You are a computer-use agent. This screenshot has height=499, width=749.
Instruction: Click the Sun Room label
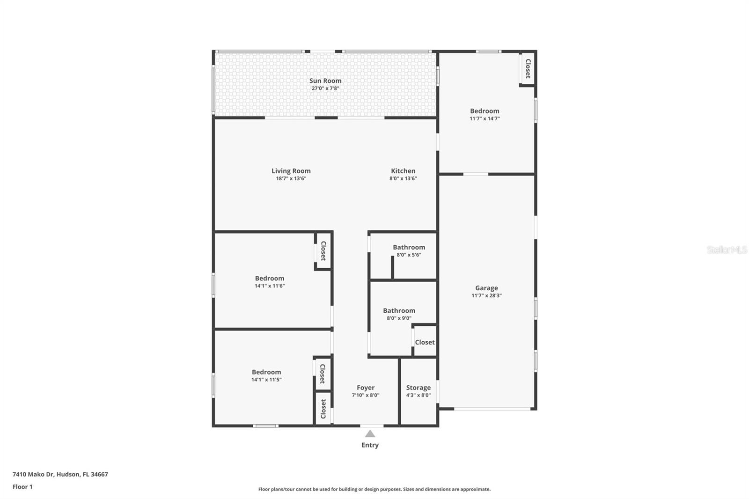tap(325, 81)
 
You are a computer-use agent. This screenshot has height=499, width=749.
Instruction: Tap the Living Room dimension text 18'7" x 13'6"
tap(291, 178)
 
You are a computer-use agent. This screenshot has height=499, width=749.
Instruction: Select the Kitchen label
tap(403, 170)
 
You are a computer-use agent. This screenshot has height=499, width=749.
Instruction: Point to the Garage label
tap(486, 288)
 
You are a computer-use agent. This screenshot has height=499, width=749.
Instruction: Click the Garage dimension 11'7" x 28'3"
tap(486, 295)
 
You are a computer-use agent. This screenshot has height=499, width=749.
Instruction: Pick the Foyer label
tap(366, 388)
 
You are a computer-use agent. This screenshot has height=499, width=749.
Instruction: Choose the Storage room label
tap(419, 388)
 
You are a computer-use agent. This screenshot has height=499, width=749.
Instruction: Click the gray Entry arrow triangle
tap(370, 434)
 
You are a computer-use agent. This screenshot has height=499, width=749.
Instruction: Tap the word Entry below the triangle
tap(370, 445)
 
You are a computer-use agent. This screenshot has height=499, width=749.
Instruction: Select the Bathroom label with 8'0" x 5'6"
tap(409, 247)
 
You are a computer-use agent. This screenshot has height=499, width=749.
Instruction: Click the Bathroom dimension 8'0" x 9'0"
tap(399, 318)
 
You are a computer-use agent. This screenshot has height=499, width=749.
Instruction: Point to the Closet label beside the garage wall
tap(425, 342)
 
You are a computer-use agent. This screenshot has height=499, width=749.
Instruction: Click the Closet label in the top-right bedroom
tap(528, 68)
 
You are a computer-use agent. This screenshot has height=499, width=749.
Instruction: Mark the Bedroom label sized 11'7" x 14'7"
tap(485, 111)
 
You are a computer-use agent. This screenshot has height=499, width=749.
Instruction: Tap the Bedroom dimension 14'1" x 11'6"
tap(270, 286)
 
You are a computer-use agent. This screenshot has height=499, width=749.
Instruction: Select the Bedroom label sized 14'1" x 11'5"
tap(266, 372)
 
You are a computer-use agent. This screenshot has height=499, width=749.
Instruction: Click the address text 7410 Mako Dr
tap(33, 474)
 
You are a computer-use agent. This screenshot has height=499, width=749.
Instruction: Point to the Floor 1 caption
tap(22, 487)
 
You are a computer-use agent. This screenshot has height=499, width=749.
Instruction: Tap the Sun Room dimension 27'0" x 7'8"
tap(325, 88)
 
